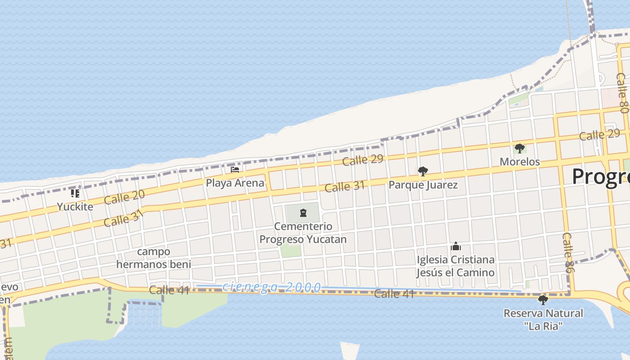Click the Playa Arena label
point(235,183)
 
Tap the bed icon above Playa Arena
point(235,170)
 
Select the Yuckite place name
point(75,207)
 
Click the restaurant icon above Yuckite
point(75,193)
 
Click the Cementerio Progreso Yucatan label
point(303,233)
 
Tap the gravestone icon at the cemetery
point(303,212)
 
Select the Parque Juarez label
point(423,184)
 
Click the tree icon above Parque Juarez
point(423,171)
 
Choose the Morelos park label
point(520,162)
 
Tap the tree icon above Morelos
point(520,148)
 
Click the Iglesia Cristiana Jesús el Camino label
point(455,266)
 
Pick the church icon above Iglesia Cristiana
point(456,246)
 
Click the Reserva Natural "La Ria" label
point(543,319)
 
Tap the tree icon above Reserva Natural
point(543,300)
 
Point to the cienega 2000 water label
point(272,287)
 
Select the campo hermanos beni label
point(153,258)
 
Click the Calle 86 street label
point(569,252)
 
